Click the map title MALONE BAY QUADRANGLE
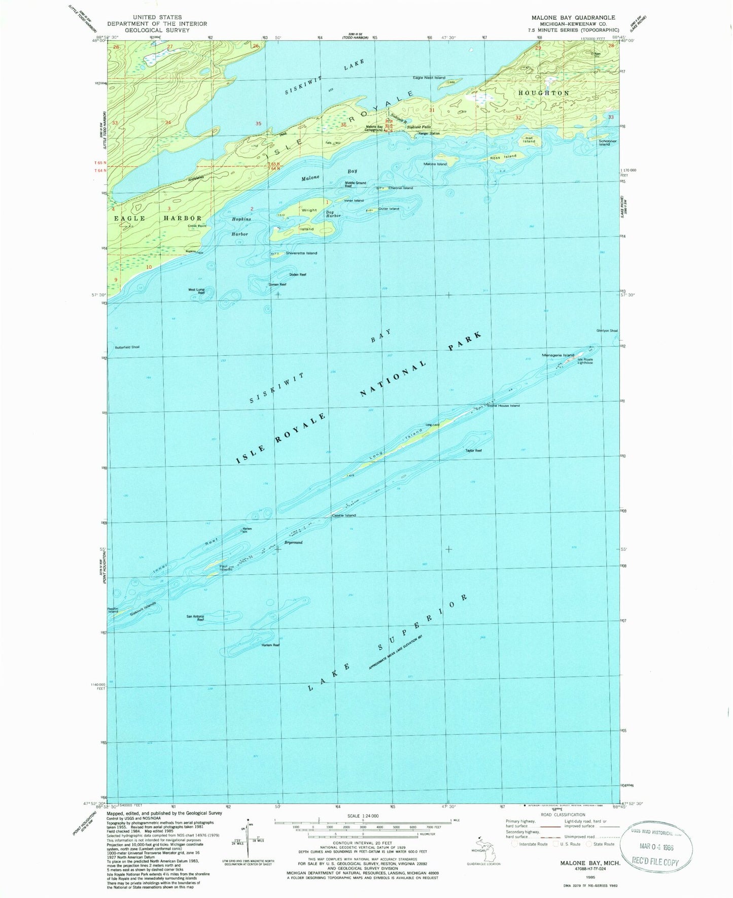pyautogui.click(x=573, y=17)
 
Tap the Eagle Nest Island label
pyautogui.click(x=429, y=78)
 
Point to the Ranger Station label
pyautogui.click(x=429, y=134)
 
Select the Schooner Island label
pyautogui.click(x=607, y=143)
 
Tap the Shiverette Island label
pyautogui.click(x=301, y=253)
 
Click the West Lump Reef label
pyautogui.click(x=196, y=291)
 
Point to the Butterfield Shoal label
pyautogui.click(x=127, y=347)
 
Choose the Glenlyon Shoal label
pyautogui.click(x=607, y=330)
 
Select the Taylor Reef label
pyautogui.click(x=473, y=450)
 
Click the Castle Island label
pyautogui.click(x=343, y=515)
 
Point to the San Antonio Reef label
pyautogui.click(x=195, y=618)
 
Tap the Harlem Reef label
pyautogui.click(x=270, y=645)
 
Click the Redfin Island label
pyautogui.click(x=113, y=610)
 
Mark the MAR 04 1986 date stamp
pyautogui.click(x=657, y=847)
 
